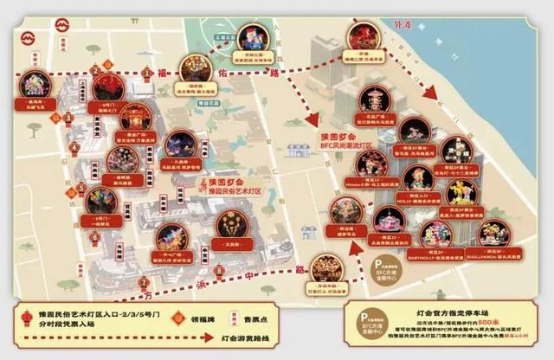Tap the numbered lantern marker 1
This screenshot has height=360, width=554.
click(147, 72)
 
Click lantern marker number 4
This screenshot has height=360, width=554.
click(74, 148)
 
